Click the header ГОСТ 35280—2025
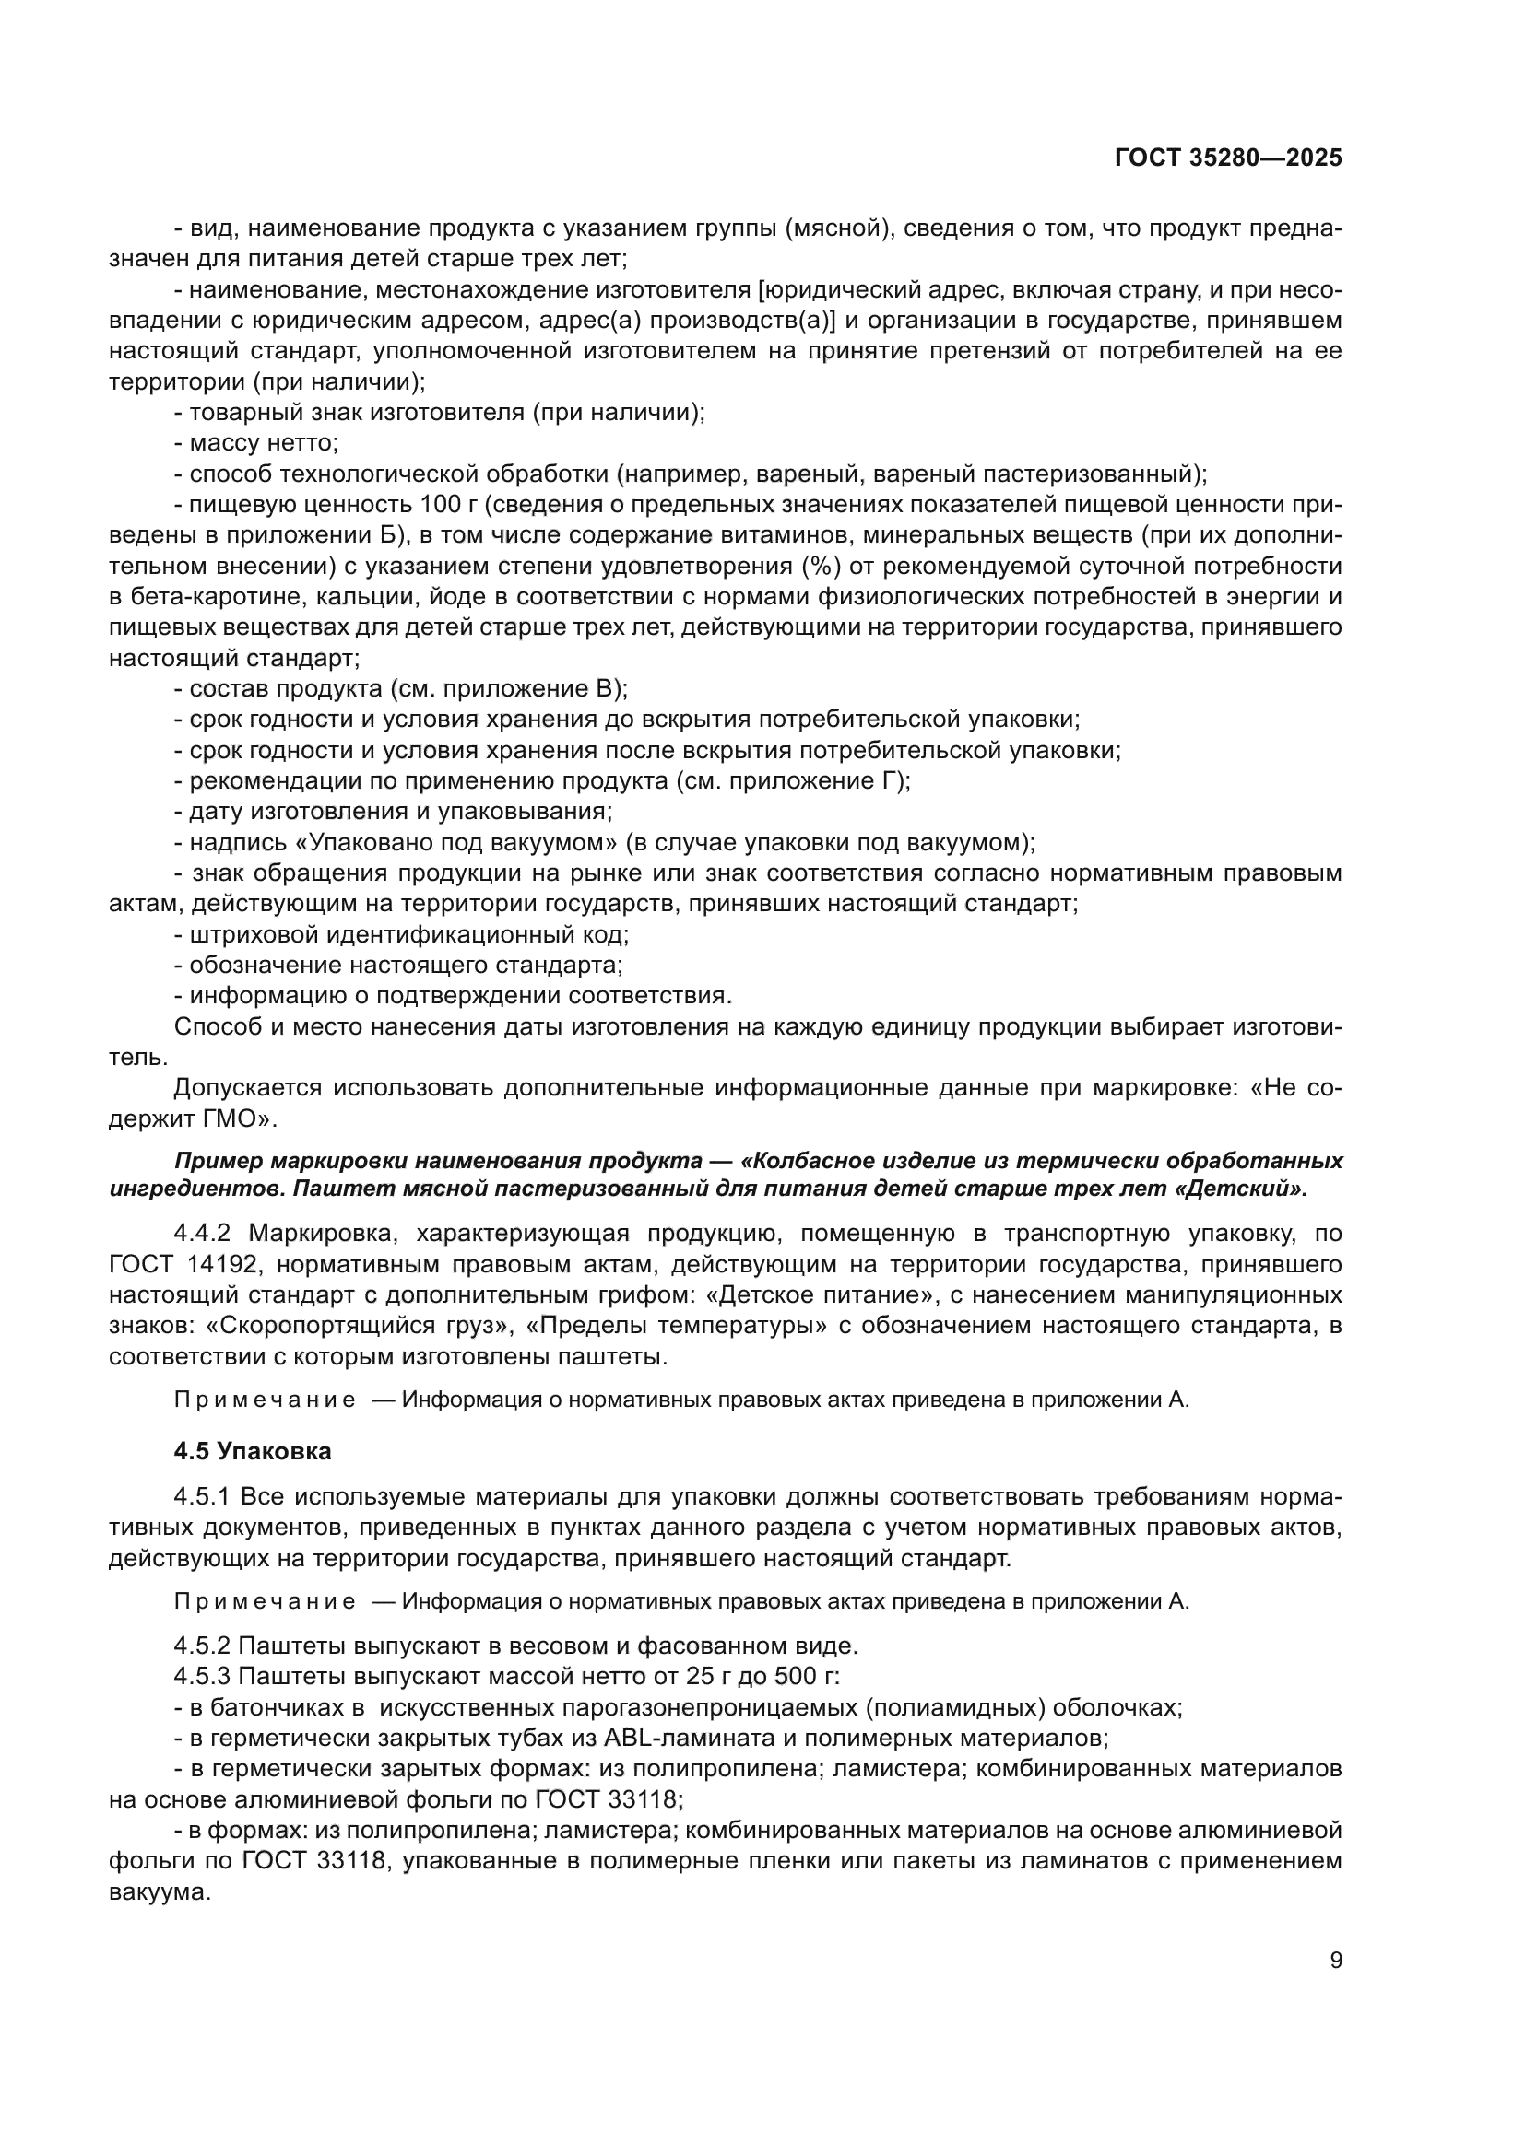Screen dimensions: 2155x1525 click(1228, 158)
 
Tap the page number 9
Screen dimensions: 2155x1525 click(1336, 1961)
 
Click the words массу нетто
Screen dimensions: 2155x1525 click(263, 443)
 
